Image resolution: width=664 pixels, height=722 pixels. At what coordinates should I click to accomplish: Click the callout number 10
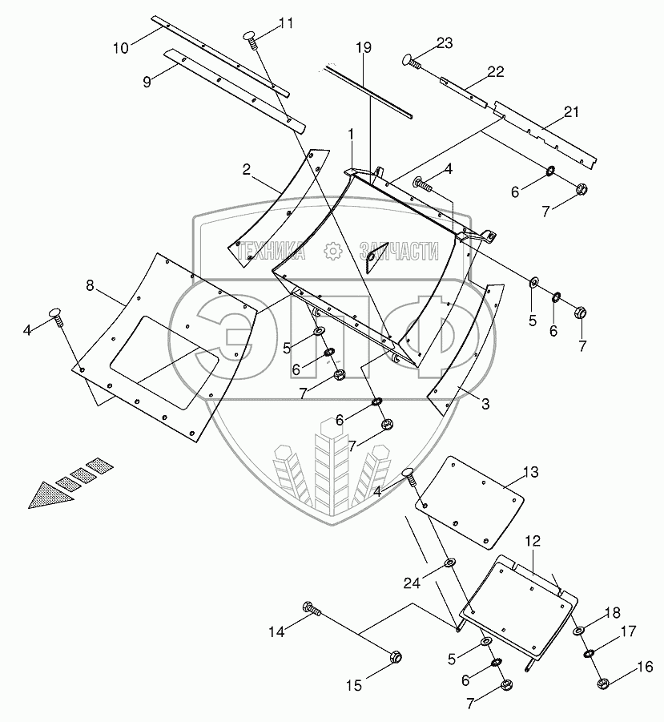coord(121,48)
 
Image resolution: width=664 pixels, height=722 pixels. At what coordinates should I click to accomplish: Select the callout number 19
coord(363,47)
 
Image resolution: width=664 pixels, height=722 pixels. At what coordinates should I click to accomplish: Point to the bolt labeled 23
coord(411,61)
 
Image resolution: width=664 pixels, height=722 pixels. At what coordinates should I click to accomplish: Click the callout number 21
coord(571,112)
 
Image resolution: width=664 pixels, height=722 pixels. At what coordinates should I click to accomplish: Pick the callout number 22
coord(496,72)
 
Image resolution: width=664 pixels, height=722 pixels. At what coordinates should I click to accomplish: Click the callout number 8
coord(90,286)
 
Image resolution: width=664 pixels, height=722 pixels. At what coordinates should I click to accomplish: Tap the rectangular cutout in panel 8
coord(164,362)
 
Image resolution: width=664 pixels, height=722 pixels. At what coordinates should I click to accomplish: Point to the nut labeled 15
coord(395,656)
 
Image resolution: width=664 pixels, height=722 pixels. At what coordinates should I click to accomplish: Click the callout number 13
coord(530,473)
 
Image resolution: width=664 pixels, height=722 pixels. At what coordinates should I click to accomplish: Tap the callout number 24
coord(412,583)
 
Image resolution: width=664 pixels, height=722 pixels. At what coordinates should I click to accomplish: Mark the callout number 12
coord(533,541)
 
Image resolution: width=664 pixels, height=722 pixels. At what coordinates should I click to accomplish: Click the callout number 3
coord(485,405)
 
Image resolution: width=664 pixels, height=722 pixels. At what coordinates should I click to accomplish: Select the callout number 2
coord(247,169)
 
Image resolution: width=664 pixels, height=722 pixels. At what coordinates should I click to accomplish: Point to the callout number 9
coord(147,83)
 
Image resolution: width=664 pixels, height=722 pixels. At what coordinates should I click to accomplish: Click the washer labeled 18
coord(577,631)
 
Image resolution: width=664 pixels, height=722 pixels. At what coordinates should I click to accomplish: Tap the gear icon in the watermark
coord(332,252)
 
